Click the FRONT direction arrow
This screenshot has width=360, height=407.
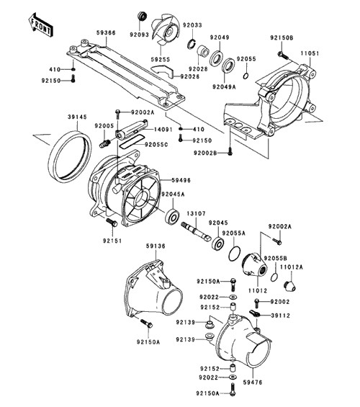click(x=41, y=24)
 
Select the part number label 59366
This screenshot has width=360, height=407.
click(x=106, y=32)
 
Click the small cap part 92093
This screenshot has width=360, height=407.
click(x=142, y=16)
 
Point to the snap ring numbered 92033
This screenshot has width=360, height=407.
click(x=192, y=43)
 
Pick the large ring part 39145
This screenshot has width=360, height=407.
click(x=70, y=157)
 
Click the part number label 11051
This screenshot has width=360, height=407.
click(x=310, y=53)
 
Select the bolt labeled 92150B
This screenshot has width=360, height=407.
click(x=282, y=55)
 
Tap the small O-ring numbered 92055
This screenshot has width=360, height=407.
click(x=246, y=76)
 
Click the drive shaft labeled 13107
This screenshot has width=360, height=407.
click(x=197, y=231)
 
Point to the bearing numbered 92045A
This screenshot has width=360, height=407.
click(x=172, y=215)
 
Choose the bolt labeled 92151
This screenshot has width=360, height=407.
click(x=112, y=222)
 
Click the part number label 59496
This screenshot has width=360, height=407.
click(x=181, y=180)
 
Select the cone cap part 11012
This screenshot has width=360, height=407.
click(x=254, y=265)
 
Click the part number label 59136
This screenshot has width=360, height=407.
click(x=156, y=246)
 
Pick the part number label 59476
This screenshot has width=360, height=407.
click(x=253, y=382)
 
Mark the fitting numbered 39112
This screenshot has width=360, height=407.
click(x=254, y=313)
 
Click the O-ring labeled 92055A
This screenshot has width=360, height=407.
click(x=235, y=254)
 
